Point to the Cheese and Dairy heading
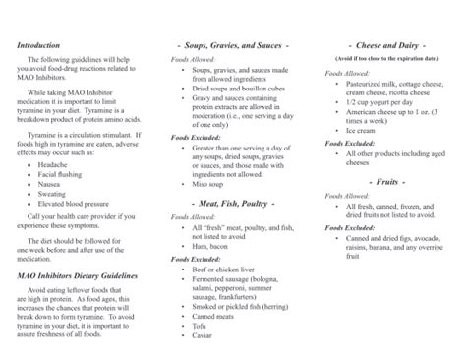click(385, 46)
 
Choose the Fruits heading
click(385, 183)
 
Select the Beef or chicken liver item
click(230, 269)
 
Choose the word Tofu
click(203, 327)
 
